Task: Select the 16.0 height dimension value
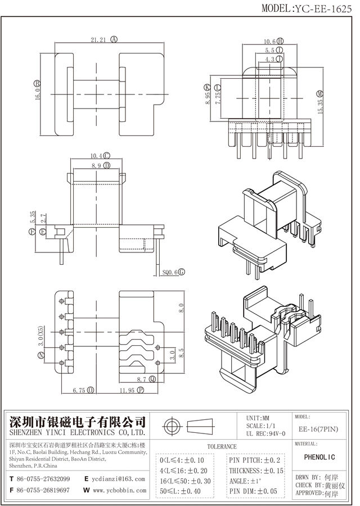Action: point(38,90)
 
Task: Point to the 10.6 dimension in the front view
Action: point(269,41)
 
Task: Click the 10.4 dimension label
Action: point(96,156)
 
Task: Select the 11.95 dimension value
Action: point(128,389)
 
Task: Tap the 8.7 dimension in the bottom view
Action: point(142,380)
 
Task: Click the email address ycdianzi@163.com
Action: point(119,479)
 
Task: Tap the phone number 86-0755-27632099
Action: point(43,479)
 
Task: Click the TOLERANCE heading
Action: point(222,446)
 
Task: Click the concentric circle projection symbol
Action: point(172,424)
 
